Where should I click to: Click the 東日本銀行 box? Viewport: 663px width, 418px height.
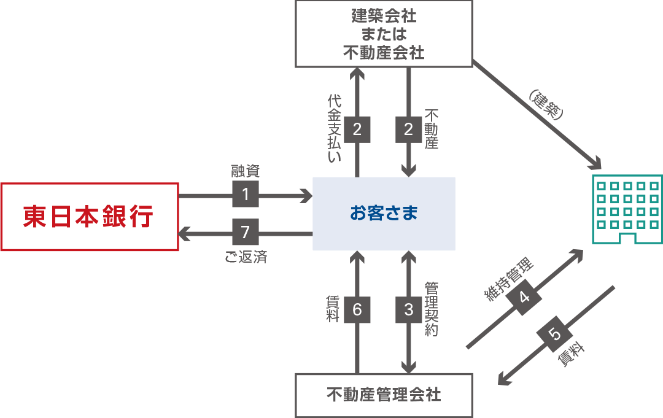click(89, 217)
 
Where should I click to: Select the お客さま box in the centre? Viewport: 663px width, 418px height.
click(384, 214)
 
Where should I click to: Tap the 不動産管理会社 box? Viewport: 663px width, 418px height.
click(384, 394)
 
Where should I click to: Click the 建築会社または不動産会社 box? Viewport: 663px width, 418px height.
click(384, 33)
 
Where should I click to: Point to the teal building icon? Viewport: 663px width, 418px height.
click(626, 209)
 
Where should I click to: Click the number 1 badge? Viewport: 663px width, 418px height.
click(246, 195)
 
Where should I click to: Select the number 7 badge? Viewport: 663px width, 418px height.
click(246, 233)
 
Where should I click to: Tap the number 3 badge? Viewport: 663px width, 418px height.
click(409, 310)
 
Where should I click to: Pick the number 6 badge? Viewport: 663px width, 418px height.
click(357, 310)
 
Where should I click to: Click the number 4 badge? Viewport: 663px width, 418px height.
click(524, 298)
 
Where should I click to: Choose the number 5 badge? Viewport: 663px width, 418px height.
click(554, 335)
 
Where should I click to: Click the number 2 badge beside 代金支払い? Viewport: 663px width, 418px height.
click(357, 129)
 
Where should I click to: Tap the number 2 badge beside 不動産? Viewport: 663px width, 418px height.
click(409, 129)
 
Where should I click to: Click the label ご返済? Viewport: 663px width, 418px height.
click(246, 257)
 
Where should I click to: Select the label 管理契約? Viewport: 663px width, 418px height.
click(431, 309)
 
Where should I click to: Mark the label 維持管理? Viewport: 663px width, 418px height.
click(509, 279)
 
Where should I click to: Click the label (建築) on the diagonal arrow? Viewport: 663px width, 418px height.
click(545, 104)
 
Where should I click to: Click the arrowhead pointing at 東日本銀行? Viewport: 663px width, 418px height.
click(184, 233)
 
